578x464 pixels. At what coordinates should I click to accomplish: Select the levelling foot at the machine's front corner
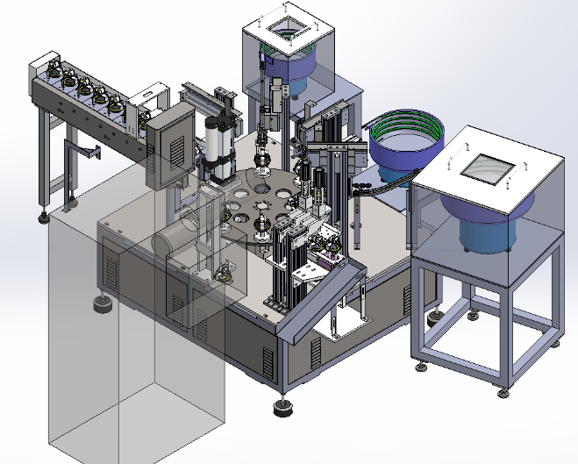point(282,406)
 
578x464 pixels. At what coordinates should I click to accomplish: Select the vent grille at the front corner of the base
point(268,360)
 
